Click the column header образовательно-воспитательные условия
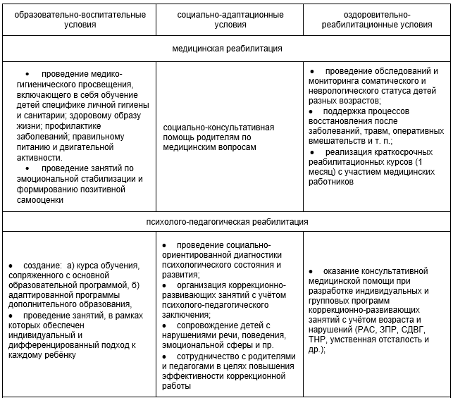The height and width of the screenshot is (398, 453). pyautogui.click(x=79, y=19)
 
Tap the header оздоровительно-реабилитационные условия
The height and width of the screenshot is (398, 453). pyautogui.click(x=378, y=19)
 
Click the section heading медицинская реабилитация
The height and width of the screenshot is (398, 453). pyautogui.click(x=227, y=49)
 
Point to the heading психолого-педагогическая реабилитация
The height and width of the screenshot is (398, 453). pyautogui.click(x=227, y=221)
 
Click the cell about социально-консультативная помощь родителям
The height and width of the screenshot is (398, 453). pyautogui.click(x=219, y=137)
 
